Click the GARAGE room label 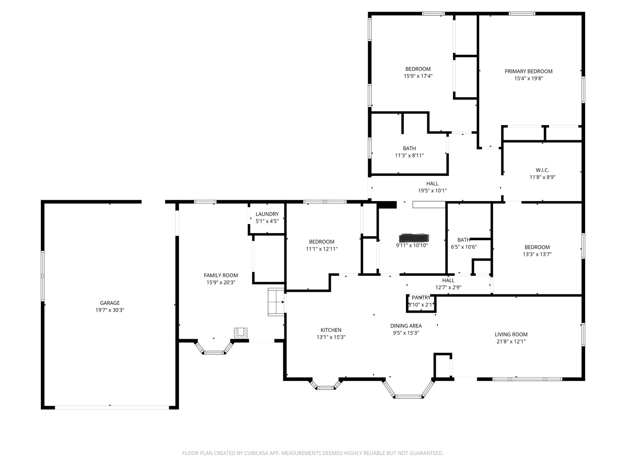pos(110,303)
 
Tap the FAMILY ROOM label pos(221,275)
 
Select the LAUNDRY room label pos(267,214)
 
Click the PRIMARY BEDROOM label pos(528,71)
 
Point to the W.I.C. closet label pos(542,170)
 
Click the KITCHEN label pos(331,330)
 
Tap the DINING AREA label pos(406,326)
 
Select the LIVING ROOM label pos(511,334)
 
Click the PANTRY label pos(421,297)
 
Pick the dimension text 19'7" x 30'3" pos(110,310)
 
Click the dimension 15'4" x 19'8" pos(528,79)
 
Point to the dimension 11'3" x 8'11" pos(409,155)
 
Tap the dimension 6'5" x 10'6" pos(464,247)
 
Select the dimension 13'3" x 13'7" pos(537,254)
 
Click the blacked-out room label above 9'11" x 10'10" pos(413,238)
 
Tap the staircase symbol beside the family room pos(276,302)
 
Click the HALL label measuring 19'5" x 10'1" pos(432,184)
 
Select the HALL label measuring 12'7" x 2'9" pos(448,281)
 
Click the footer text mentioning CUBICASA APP pos(313,453)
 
